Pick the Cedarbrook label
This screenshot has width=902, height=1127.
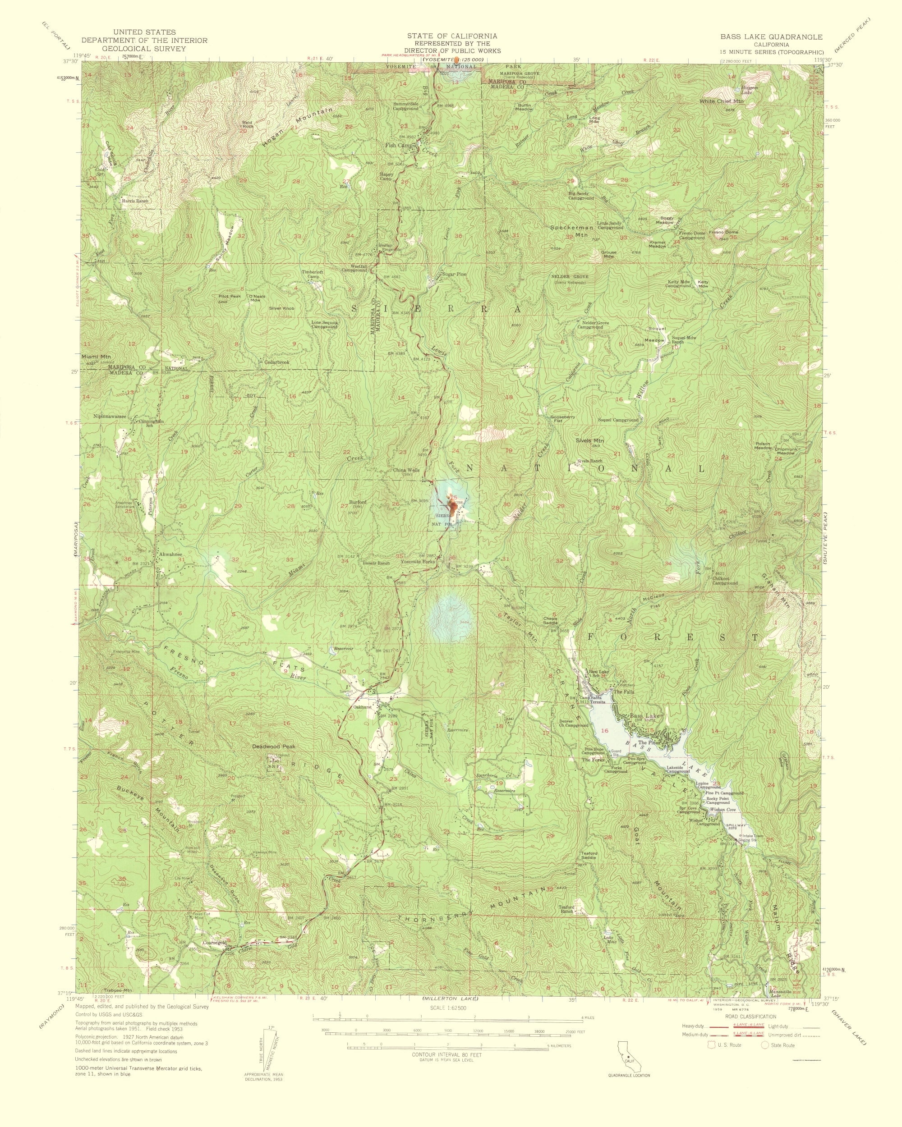[x=276, y=362]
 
